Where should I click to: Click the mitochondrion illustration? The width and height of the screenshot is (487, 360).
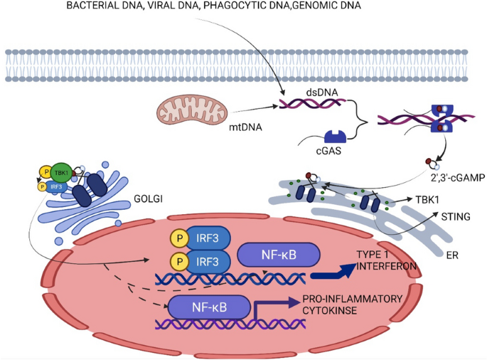point(192,110)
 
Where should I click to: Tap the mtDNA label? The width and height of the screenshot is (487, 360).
point(245,127)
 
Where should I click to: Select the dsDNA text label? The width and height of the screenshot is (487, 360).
point(322,92)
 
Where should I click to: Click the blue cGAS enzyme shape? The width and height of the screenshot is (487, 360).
point(335,137)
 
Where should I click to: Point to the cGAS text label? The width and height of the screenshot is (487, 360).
point(328,151)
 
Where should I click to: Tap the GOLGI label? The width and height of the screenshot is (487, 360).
point(148,198)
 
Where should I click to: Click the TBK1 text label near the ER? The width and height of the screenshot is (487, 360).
point(427,200)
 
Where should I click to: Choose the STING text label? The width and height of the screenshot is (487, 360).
point(456,216)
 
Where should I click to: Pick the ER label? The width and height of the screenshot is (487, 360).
point(452,255)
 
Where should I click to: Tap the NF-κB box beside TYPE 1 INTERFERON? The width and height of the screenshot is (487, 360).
point(279,255)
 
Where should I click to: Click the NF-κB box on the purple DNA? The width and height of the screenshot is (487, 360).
point(209,307)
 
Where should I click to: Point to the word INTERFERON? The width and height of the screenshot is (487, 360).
point(386,266)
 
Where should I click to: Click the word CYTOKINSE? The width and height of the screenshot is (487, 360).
point(330,310)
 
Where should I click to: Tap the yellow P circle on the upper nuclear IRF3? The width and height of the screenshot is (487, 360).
point(180,238)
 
